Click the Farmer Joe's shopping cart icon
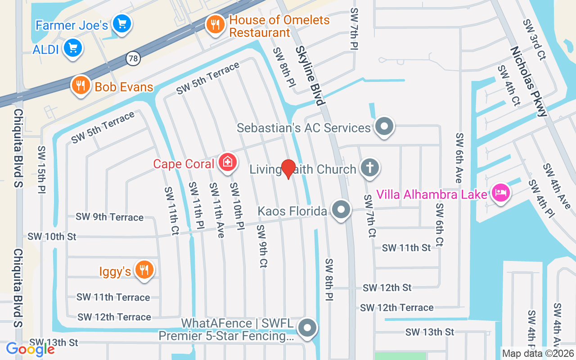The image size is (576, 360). point(121,23)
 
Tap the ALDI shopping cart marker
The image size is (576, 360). point(73,48)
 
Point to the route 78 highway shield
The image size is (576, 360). point(133,58)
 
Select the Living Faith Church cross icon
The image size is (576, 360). point(369,168)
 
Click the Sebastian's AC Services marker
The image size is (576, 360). point(384,126)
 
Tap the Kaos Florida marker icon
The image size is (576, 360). point(341,210)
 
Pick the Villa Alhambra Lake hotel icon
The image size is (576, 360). point(500,193)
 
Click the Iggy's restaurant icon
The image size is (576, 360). point(144,270)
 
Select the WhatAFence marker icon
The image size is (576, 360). point(308,328)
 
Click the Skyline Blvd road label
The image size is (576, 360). point(310,76)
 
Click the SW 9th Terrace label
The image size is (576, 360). point(109,217)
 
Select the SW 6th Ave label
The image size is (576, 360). point(459,157)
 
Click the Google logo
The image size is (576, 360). point(30,349)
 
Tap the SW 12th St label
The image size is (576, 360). point(387,287)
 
